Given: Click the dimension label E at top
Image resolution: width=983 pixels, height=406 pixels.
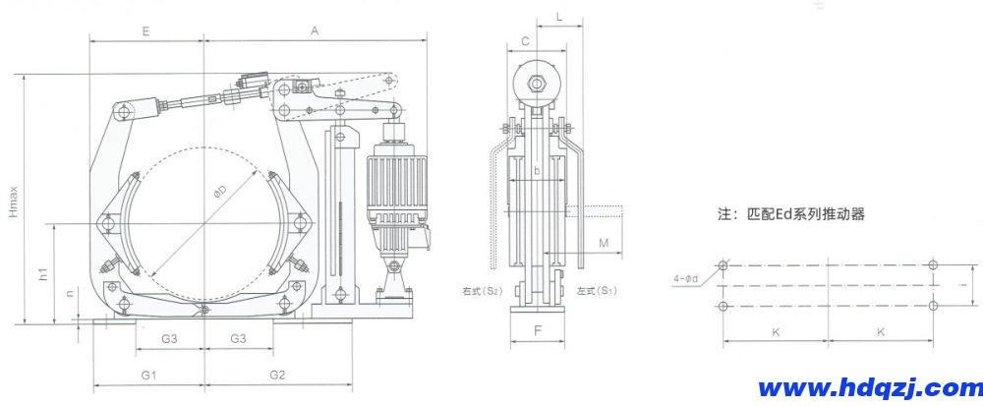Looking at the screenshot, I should click(x=145, y=31).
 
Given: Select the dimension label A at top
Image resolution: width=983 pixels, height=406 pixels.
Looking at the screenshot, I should click(x=315, y=31).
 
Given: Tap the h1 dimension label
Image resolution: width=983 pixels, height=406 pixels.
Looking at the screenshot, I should click(x=43, y=276).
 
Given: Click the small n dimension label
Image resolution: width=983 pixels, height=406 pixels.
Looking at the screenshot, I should click(x=69, y=294).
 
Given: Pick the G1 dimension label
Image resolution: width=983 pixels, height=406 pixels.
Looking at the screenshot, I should click(x=148, y=375).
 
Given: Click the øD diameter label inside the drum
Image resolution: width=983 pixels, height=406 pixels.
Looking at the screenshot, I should click(x=220, y=194).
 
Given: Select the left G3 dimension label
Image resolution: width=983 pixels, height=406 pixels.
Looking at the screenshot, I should click(x=169, y=338).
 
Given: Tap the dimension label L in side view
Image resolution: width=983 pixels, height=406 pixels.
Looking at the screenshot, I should click(x=558, y=17).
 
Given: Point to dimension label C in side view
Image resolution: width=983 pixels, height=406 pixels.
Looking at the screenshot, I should click(x=526, y=40).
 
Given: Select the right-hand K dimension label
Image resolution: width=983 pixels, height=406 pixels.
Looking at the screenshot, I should click(x=881, y=332).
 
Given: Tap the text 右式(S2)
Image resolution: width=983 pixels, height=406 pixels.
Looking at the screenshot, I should click(x=483, y=292).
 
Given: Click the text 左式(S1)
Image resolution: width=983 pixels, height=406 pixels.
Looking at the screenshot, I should click(x=597, y=292).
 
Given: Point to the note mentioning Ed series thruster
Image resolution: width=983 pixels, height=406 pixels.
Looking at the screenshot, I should click(x=791, y=213).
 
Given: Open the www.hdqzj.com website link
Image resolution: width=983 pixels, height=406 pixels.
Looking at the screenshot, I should click(x=862, y=386).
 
